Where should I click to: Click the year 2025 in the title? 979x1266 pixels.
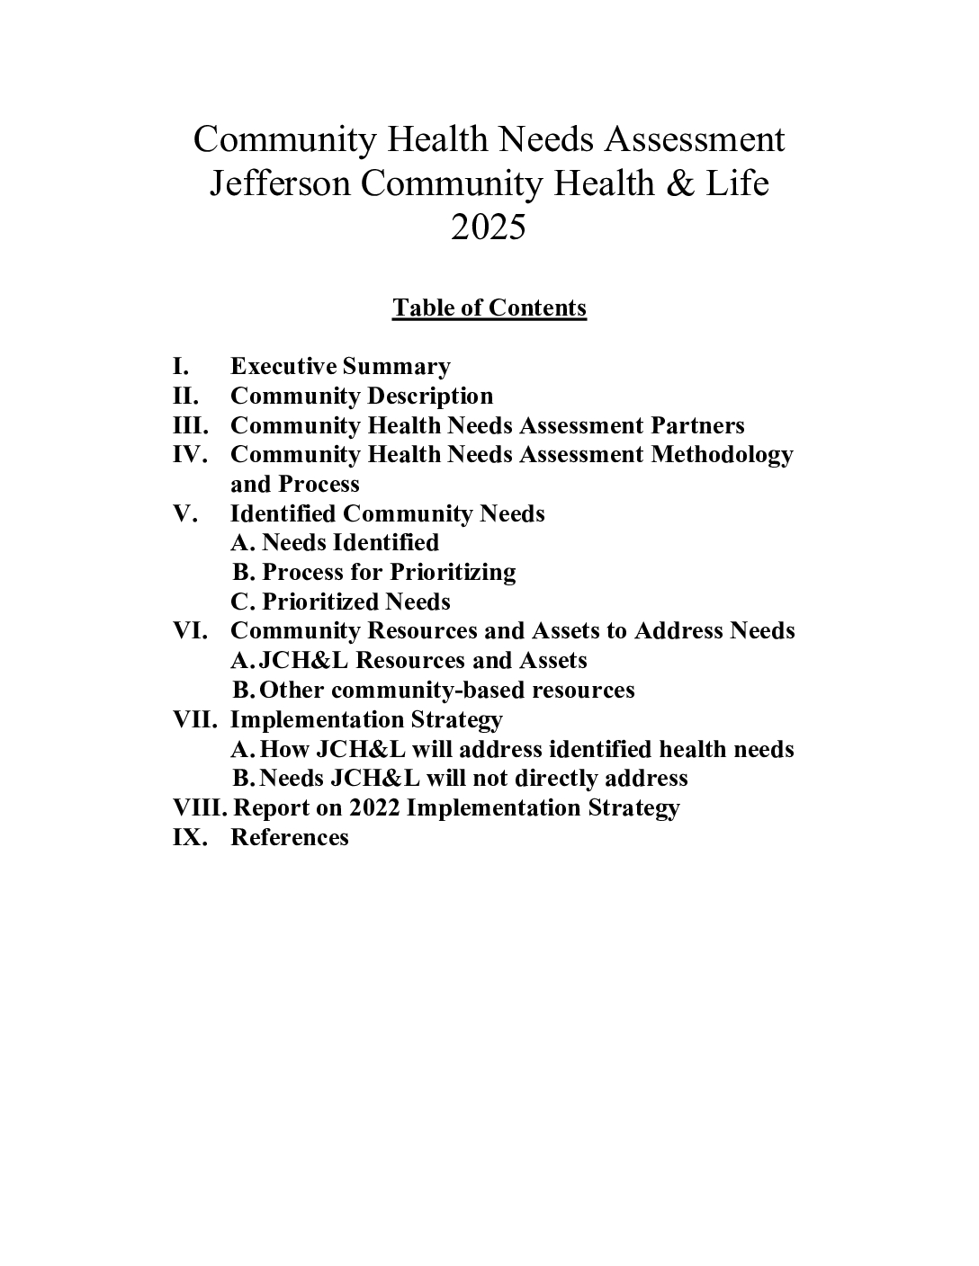click(x=489, y=227)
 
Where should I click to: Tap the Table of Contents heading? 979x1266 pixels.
click(x=489, y=308)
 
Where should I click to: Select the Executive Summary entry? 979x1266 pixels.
click(x=340, y=367)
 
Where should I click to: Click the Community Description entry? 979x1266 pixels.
click(x=362, y=397)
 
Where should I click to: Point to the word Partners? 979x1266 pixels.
click(x=694, y=426)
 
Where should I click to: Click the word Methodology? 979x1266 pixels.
click(x=722, y=455)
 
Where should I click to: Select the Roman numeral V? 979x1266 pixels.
click(x=184, y=514)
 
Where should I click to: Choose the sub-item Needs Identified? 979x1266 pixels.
click(x=349, y=543)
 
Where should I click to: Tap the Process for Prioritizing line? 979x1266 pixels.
click(x=388, y=573)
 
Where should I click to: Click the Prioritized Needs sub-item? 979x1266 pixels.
click(x=355, y=602)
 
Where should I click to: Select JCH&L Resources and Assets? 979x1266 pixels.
click(x=422, y=661)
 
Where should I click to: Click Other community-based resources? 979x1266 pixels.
click(x=446, y=691)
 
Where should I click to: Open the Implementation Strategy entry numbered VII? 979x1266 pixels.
click(x=366, y=720)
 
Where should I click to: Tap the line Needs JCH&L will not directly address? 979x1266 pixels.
click(x=473, y=779)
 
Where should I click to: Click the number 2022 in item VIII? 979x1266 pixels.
click(x=373, y=808)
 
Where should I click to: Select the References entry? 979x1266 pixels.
click(x=290, y=838)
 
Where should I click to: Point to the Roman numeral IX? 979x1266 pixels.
click(x=189, y=838)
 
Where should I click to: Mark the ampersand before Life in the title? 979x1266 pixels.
click(x=678, y=184)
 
